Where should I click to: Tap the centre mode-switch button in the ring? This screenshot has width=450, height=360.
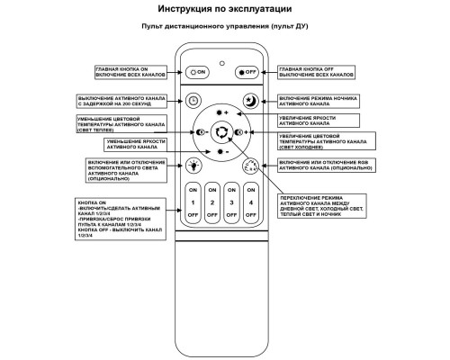221,132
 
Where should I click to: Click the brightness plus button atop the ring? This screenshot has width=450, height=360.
221,112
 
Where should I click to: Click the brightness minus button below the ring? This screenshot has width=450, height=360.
221,153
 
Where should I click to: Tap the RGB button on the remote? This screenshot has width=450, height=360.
251,165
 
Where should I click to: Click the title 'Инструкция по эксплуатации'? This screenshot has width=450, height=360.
222,10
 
